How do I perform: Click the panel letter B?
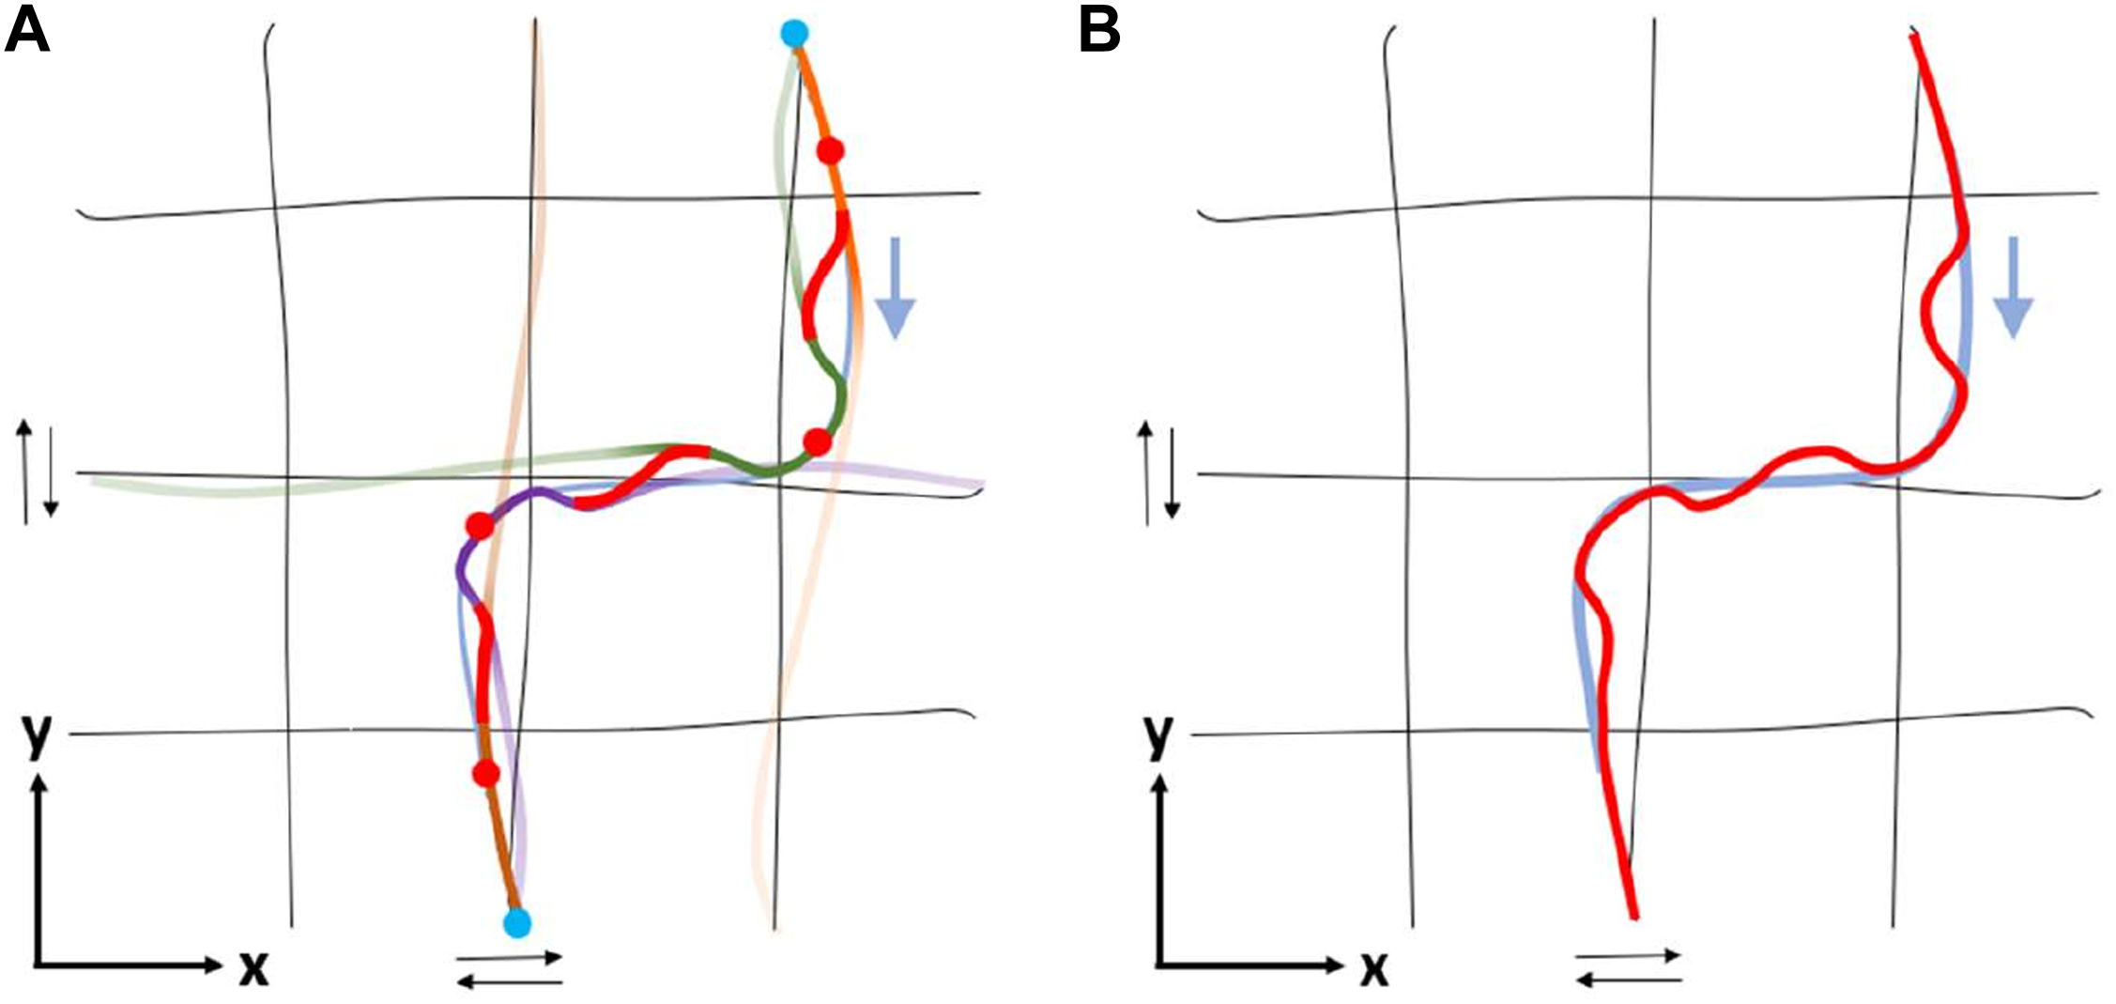[1099, 31]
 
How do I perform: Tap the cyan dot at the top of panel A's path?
[794, 35]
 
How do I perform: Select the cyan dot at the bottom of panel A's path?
[516, 922]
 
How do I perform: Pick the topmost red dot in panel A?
[830, 150]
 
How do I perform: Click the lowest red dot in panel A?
[485, 773]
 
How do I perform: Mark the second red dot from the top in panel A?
[818, 441]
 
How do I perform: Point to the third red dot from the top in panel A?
[479, 526]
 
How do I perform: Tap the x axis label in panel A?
[253, 967]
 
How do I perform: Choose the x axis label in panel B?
[1373, 967]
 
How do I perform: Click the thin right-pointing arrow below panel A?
[509, 959]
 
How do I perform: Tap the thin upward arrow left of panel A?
[25, 470]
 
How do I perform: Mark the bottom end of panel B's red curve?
[1634, 917]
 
